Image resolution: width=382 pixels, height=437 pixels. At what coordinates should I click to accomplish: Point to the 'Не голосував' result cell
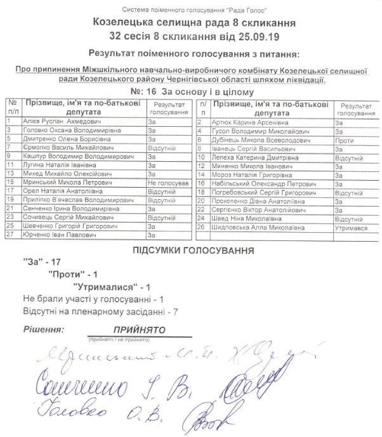point(168,182)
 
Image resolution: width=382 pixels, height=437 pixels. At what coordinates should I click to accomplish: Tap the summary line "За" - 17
point(42,262)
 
